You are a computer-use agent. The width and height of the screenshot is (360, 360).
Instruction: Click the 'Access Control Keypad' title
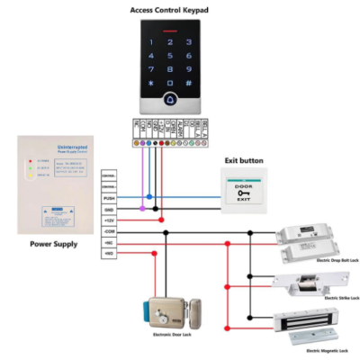(169, 8)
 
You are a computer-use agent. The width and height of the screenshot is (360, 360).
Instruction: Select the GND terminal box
(108, 207)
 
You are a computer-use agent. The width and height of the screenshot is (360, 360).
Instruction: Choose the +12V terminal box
(108, 219)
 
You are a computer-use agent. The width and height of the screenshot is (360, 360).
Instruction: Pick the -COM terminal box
(108, 230)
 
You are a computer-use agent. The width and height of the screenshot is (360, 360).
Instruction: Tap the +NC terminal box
(108, 242)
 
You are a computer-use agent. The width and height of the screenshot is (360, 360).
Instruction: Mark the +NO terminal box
(108, 254)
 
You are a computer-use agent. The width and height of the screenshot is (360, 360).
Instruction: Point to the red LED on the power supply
(30, 162)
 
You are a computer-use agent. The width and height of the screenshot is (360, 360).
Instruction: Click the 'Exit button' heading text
(244, 161)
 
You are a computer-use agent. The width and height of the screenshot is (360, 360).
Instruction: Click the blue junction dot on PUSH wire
(148, 195)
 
